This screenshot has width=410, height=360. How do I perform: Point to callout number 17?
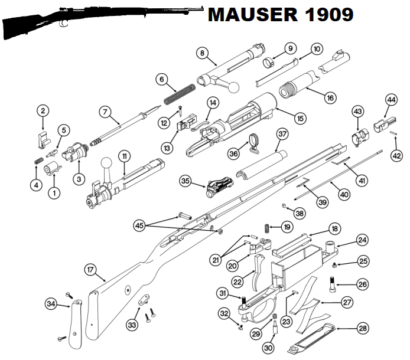[90, 270]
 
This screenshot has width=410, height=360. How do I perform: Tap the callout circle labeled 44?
[391, 100]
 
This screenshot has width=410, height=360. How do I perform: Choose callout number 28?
[362, 328]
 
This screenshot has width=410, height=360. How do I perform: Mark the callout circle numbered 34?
[52, 304]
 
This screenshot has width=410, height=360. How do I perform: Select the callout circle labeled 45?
[139, 224]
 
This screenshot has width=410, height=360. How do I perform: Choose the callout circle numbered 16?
[330, 97]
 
